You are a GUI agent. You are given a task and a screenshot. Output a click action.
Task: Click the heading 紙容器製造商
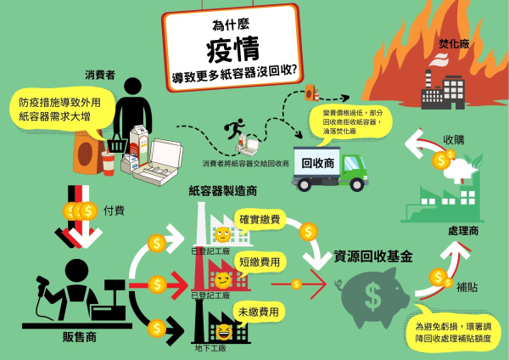click(223, 191)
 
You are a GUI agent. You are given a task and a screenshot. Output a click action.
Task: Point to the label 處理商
click(464, 230)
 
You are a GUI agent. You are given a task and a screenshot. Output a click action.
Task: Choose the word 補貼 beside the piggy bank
click(466, 288)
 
